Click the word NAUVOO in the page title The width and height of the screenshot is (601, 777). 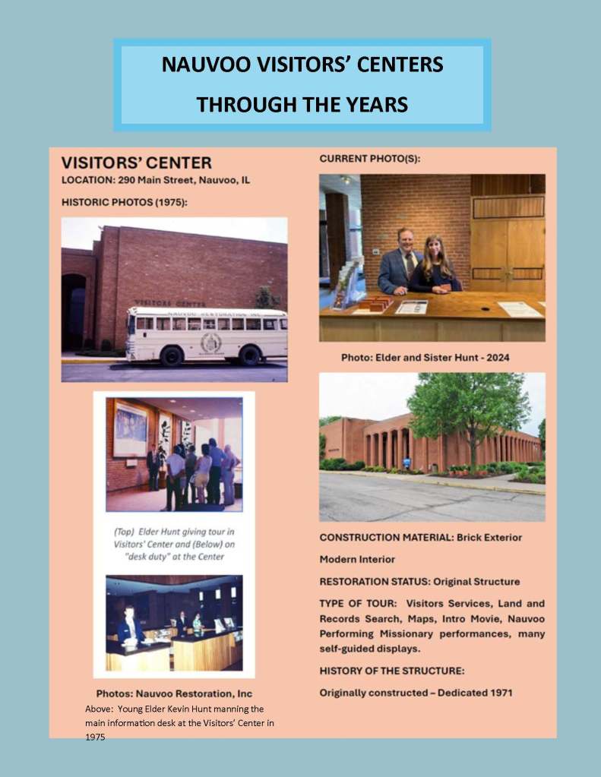[x=201, y=65]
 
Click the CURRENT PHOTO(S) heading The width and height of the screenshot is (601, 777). [x=369, y=159]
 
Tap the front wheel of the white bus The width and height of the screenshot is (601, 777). [x=172, y=355]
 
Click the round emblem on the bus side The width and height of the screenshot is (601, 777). [x=210, y=343]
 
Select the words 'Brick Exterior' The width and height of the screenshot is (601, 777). [x=489, y=537]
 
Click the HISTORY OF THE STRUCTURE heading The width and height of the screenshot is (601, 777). [x=391, y=671]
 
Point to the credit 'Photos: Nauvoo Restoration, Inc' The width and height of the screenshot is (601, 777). [x=174, y=693]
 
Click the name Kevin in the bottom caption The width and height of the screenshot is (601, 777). [x=176, y=709]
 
